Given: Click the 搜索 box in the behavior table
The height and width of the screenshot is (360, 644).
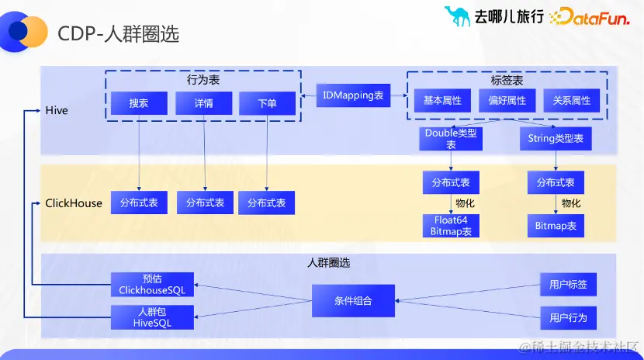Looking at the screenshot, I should pyautogui.click(x=140, y=103).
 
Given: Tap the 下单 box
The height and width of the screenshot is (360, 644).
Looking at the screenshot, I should pyautogui.click(x=267, y=103).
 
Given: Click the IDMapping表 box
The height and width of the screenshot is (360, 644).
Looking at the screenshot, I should pyautogui.click(x=353, y=95).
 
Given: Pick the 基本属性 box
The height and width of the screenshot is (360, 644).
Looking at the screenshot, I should pyautogui.click(x=442, y=101).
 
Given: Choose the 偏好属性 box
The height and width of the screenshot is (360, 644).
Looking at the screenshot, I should pyautogui.click(x=507, y=101).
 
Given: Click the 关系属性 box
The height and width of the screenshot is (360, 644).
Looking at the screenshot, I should pyautogui.click(x=572, y=101).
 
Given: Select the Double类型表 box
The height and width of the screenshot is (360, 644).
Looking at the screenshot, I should pyautogui.click(x=451, y=139).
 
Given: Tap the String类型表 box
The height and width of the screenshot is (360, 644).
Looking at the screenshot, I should pyautogui.click(x=556, y=139).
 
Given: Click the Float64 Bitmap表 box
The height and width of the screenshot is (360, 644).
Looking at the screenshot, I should pyautogui.click(x=450, y=226).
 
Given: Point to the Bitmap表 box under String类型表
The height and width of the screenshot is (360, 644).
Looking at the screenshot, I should pyautogui.click(x=556, y=226).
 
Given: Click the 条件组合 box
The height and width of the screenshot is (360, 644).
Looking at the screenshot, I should pyautogui.click(x=353, y=300).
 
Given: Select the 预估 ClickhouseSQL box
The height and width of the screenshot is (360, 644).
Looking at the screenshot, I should pyautogui.click(x=152, y=285).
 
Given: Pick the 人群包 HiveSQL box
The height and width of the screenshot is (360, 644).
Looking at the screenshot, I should pyautogui.click(x=152, y=317).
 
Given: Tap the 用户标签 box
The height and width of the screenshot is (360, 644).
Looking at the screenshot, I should pyautogui.click(x=568, y=285).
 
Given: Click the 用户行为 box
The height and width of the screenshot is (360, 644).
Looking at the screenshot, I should pyautogui.click(x=568, y=317).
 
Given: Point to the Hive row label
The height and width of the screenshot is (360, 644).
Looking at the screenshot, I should pyautogui.click(x=57, y=111).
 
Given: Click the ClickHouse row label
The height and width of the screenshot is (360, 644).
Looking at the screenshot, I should pyautogui.click(x=74, y=203).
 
